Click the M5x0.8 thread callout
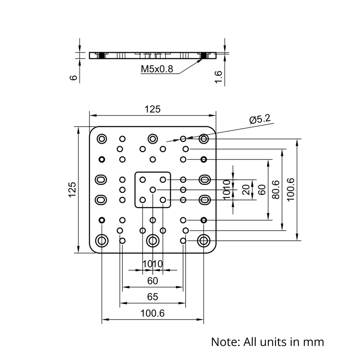click(x=157, y=68)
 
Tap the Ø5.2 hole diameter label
click(x=260, y=119)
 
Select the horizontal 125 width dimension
click(x=152, y=109)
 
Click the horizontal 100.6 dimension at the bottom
click(x=152, y=314)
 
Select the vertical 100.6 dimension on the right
click(x=291, y=189)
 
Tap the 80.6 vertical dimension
click(x=275, y=189)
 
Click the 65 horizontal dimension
click(x=152, y=297)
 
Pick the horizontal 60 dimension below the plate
click(x=152, y=281)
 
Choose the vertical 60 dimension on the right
click(x=262, y=189)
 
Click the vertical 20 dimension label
click(x=246, y=189)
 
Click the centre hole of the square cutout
click(x=153, y=189)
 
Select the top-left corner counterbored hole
click(x=102, y=139)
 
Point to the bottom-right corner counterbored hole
click(x=204, y=240)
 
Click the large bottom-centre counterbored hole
click(x=153, y=240)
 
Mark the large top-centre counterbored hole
click(x=153, y=139)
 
